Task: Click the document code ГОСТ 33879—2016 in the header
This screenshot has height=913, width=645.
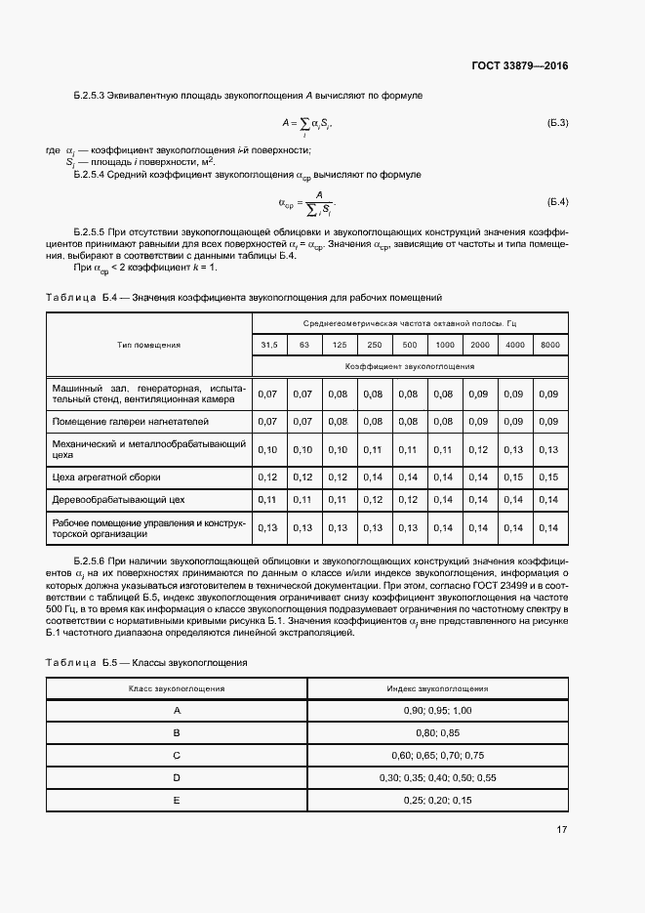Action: [x=518, y=66]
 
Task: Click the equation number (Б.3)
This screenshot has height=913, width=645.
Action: [x=557, y=122]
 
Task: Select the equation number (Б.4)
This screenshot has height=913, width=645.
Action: [x=557, y=202]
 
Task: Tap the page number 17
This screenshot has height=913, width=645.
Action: [x=561, y=829]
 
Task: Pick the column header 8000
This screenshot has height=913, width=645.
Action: [x=549, y=345]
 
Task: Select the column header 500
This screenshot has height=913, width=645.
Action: [x=409, y=345]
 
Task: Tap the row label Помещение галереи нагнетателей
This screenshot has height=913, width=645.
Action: [x=130, y=421]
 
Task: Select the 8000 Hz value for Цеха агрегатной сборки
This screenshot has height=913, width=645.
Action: [x=549, y=477]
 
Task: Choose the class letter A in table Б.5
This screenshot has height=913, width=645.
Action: [x=177, y=710]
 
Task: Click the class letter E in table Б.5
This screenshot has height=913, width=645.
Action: [x=177, y=800]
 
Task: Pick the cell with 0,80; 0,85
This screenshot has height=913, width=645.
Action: [x=436, y=732]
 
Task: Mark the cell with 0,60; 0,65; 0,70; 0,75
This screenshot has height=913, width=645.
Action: [x=436, y=755]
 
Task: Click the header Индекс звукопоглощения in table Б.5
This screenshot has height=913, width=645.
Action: [x=436, y=688]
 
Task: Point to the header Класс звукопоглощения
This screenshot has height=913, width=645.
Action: [x=177, y=688]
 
